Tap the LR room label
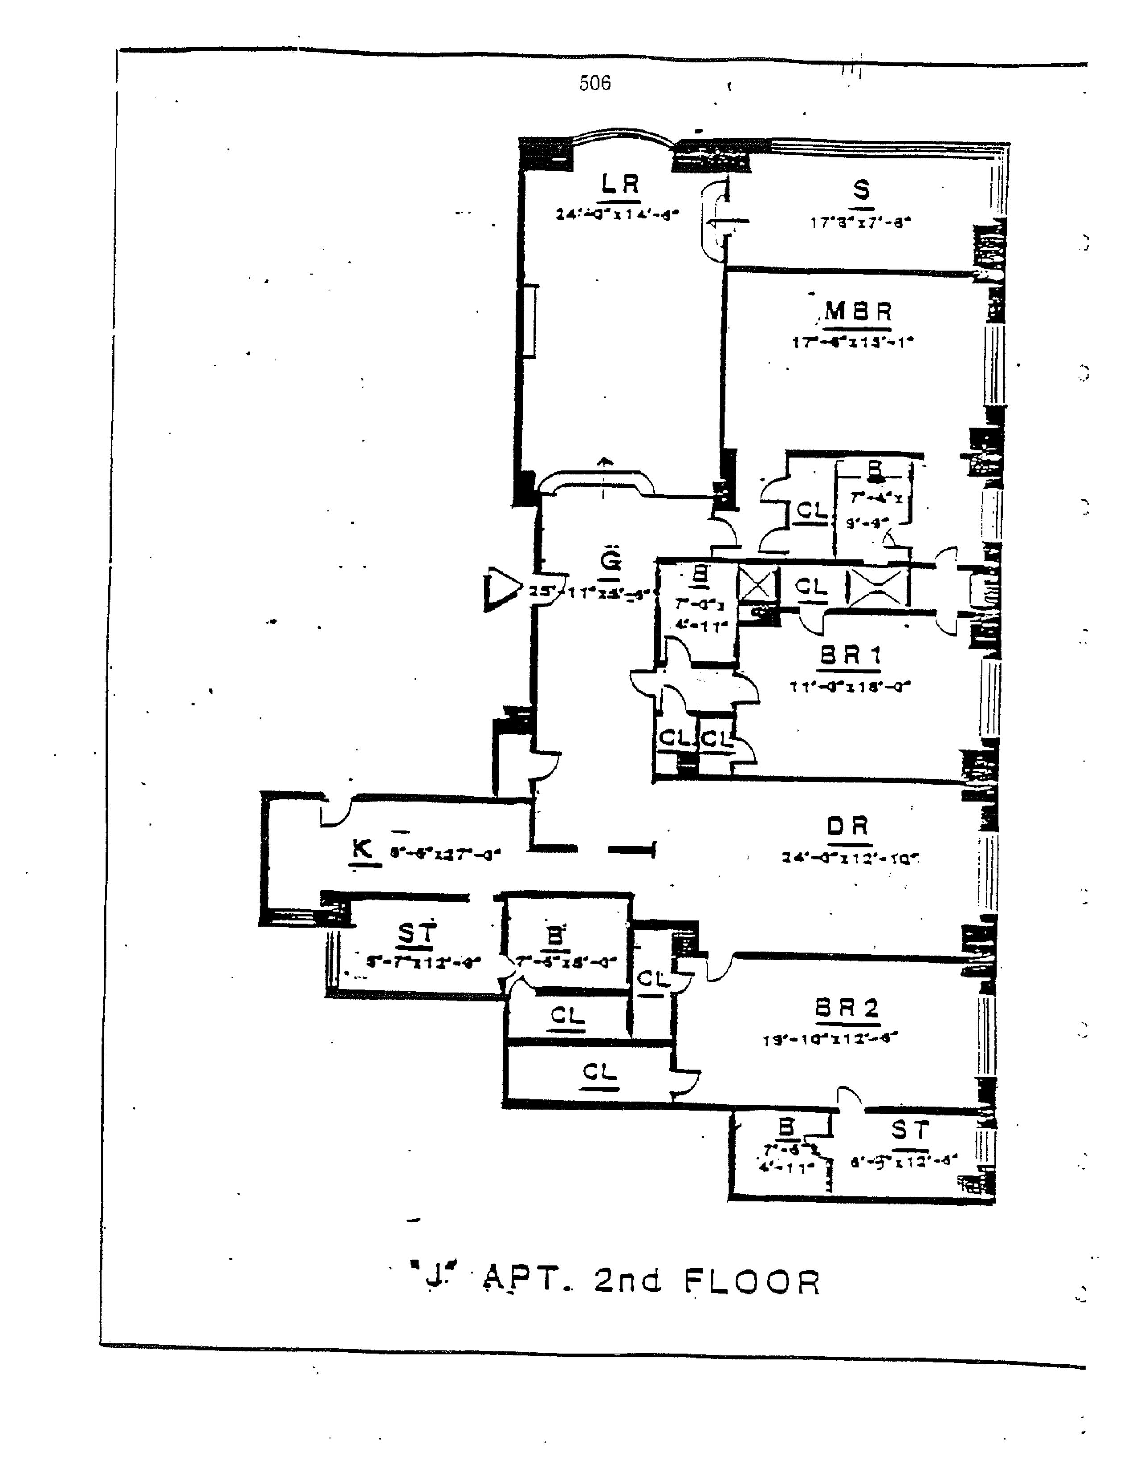620,184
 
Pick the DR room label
847,827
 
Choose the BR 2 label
847,1008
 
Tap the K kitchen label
362,849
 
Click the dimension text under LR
617,215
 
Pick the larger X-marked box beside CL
877,587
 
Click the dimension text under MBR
853,342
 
